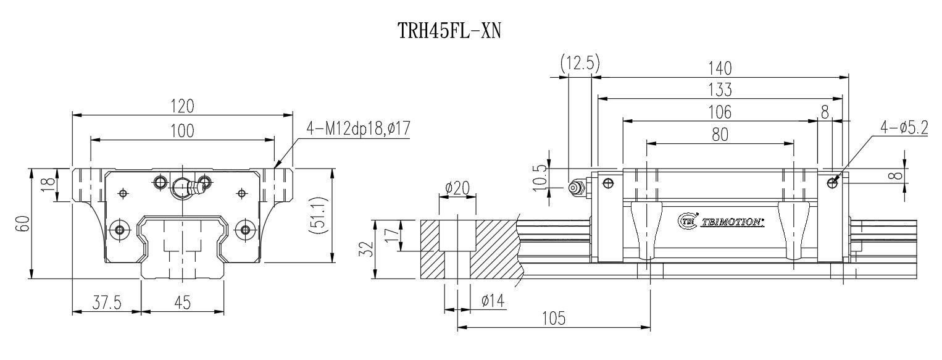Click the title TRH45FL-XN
point(448,29)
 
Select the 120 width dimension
point(182,106)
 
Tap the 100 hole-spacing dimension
point(182,131)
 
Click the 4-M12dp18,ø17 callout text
point(358,129)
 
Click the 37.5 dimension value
point(106,302)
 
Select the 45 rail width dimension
point(182,302)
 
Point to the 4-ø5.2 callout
point(904,128)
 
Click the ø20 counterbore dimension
point(457,188)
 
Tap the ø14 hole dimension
point(493,301)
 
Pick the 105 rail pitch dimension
point(553,318)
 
